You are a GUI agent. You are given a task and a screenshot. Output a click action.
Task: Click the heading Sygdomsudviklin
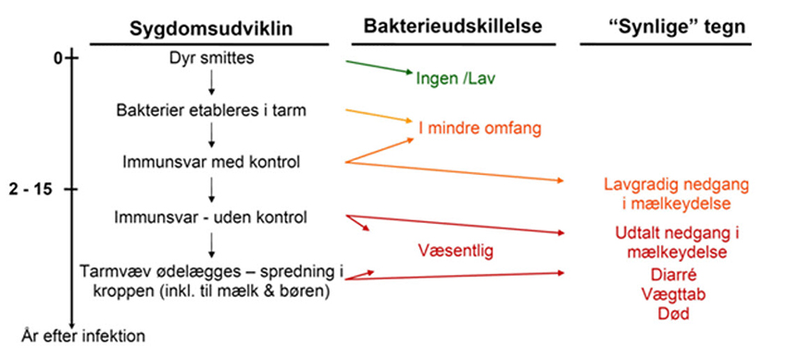pos(209,29)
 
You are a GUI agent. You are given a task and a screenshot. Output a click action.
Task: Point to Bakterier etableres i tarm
pos(212,111)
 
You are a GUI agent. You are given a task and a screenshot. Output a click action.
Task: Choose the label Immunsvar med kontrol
pos(212,163)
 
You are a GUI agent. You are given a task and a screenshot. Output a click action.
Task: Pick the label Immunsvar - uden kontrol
pos(212,217)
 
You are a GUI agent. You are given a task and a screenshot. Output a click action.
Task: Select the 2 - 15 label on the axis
pos(32,190)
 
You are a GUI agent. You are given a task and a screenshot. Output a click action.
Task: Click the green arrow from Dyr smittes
pos(380,68)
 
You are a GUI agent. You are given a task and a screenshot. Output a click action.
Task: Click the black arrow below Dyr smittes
pos(212,84)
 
